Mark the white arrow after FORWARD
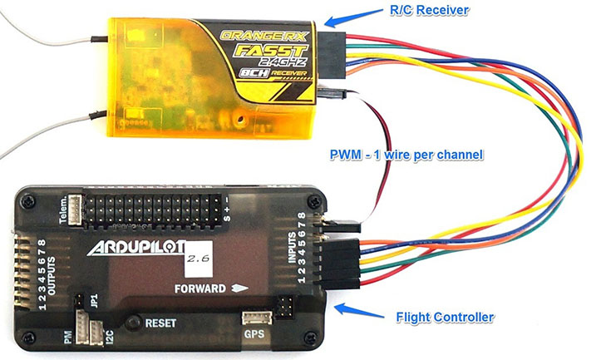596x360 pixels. coord(243,289)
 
